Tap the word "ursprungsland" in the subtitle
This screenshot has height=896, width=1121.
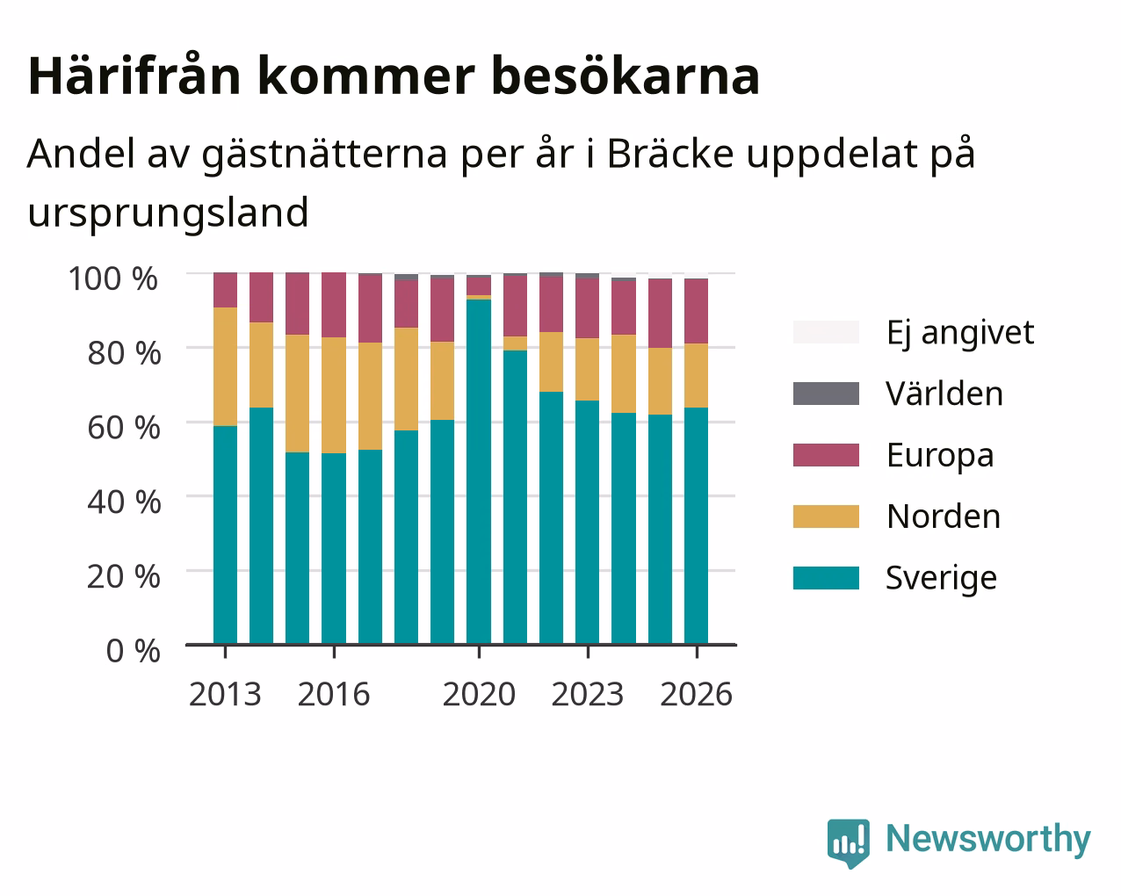pos(168,213)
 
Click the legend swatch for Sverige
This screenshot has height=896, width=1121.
pos(826,578)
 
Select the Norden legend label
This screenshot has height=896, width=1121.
pos(944,517)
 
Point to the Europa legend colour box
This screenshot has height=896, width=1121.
pos(826,455)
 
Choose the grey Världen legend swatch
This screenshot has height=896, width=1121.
pos(826,394)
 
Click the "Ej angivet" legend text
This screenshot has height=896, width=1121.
pos(960,333)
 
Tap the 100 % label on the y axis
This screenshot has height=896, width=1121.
pos(112,278)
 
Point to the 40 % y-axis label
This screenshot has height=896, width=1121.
pos(124,502)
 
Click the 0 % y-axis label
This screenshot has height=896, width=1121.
pos(133,651)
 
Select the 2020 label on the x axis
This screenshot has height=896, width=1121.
pos(479,694)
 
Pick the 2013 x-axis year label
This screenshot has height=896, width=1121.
pos(225,694)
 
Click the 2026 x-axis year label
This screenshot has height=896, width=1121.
pos(697,694)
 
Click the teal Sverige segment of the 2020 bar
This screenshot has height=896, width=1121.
pos(479,472)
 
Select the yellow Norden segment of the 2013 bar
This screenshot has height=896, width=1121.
pos(225,366)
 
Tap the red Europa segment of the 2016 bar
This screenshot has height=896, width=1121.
pos(334,305)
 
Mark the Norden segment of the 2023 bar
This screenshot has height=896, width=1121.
pos(587,369)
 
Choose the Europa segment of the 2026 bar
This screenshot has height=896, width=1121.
pos(696,311)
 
